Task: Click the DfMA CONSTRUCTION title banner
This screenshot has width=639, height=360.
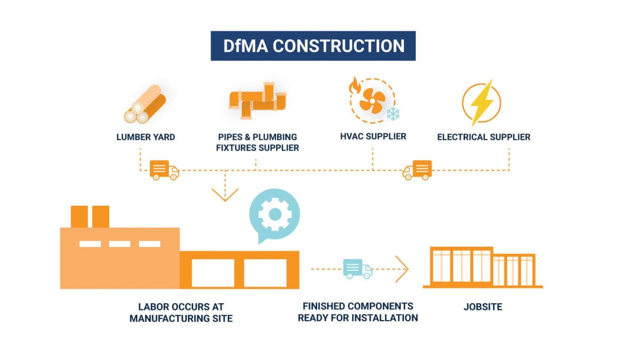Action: pos(313,46)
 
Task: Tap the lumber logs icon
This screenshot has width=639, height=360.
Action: pos(145,104)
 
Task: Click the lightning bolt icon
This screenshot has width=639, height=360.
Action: pos(481,102)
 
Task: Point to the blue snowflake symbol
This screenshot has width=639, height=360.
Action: pos(393,114)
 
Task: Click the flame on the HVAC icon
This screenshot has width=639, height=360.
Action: pos(354,84)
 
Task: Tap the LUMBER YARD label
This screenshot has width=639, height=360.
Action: pos(146,137)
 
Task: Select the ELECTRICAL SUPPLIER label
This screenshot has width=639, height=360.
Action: pos(484,137)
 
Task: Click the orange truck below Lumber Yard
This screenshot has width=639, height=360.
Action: pos(164,170)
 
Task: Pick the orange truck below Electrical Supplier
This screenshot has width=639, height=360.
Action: pos(417,170)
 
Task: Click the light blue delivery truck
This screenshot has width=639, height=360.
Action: pos(357,269)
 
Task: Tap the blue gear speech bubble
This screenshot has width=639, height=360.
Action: pos(274,214)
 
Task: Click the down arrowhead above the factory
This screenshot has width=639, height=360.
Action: pos(225,195)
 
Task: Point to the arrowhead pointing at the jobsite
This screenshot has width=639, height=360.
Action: pos(402,269)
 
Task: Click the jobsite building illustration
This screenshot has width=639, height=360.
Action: pos(483,268)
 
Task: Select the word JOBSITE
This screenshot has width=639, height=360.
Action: pos(483,307)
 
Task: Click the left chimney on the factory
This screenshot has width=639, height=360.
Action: pos(79,216)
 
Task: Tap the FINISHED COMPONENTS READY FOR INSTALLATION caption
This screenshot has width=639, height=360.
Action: pos(357,312)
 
